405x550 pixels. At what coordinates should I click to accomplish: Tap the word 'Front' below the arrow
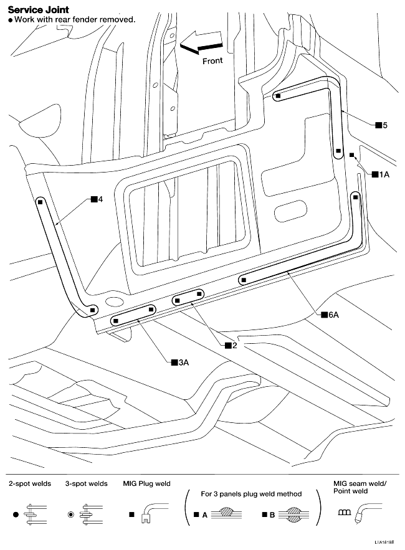[x=212, y=61]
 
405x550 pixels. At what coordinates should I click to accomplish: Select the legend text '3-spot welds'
[x=86, y=483]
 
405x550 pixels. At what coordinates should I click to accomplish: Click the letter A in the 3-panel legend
[x=205, y=515]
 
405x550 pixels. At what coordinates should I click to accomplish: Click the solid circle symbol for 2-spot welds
[x=16, y=515]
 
